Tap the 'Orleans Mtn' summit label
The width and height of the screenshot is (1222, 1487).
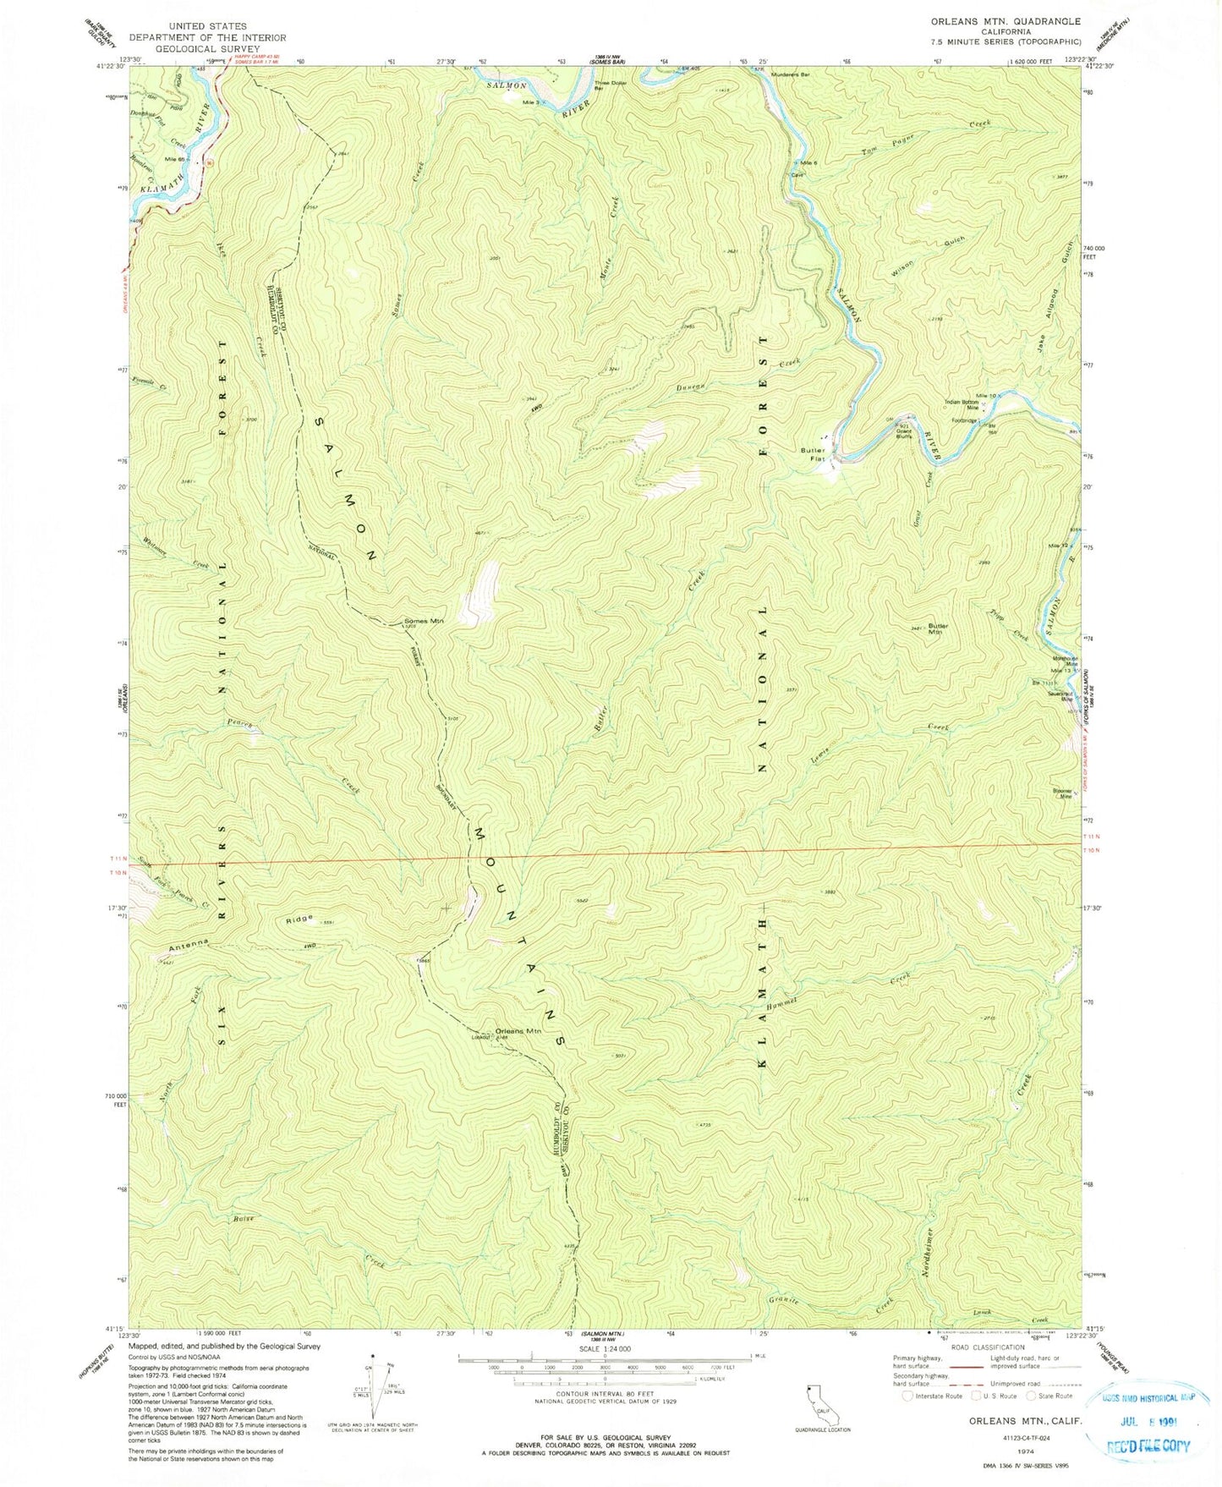[x=518, y=1030]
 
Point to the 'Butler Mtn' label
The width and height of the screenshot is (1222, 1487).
[x=938, y=628]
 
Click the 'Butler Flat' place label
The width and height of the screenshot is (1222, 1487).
[x=812, y=455]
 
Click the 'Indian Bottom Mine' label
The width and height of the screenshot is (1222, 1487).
[x=962, y=404]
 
